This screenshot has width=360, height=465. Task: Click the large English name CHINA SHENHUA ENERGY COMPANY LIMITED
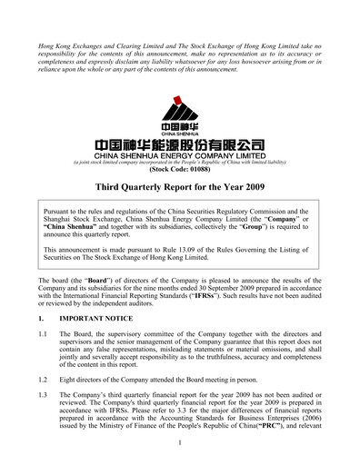pos(180,154)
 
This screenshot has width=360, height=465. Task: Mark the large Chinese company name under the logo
pos(180,144)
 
